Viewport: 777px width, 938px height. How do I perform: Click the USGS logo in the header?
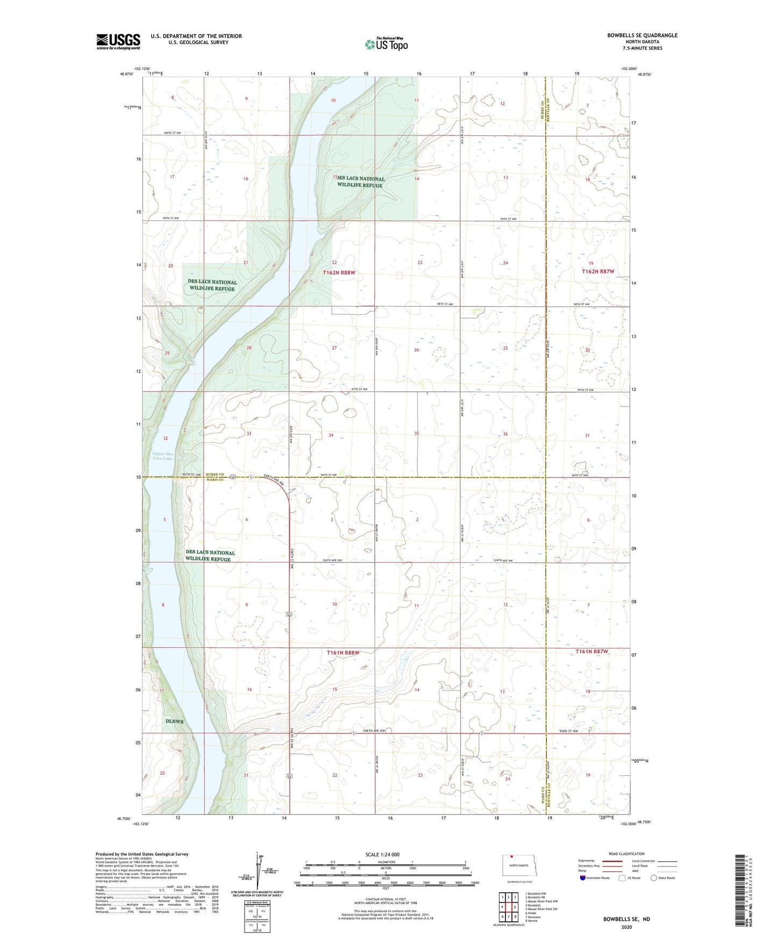pos(118,41)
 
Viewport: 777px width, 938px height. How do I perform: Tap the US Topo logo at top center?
pos(386,44)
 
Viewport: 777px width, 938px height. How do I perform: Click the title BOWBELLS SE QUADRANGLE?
pos(642,35)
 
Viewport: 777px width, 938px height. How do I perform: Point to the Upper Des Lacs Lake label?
pos(162,456)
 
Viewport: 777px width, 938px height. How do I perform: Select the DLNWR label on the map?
pos(176,721)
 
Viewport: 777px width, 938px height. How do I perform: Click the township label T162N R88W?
pos(339,273)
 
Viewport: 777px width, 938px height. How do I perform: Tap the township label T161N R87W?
pos(591,652)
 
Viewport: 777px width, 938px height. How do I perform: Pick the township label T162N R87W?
pos(598,272)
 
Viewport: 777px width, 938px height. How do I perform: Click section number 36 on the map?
pos(505,434)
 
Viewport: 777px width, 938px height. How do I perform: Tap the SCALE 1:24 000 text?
pos(382,855)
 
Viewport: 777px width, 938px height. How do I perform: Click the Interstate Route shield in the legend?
pos(583,878)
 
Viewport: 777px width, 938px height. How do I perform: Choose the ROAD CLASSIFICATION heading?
pos(626,854)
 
